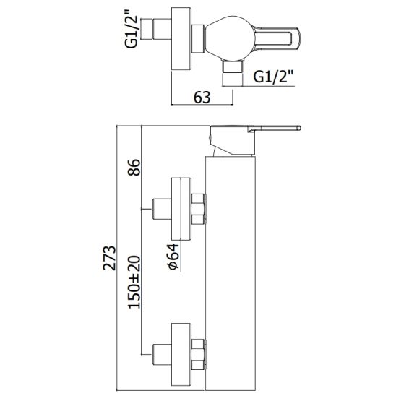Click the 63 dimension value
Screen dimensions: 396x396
pyautogui.click(x=202, y=98)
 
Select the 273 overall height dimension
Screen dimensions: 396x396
pyautogui.click(x=109, y=258)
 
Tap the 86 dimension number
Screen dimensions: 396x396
pyautogui.click(x=134, y=167)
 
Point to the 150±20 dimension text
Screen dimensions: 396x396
pyautogui.click(x=134, y=282)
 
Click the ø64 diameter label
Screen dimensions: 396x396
pyautogui.click(x=173, y=257)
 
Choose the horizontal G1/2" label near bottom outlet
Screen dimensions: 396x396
pyautogui.click(x=273, y=77)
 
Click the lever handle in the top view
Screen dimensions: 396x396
pyautogui.click(x=277, y=39)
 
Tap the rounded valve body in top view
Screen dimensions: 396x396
pyautogui.click(x=229, y=38)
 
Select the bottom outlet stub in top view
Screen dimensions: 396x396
pyautogui.click(x=232, y=67)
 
